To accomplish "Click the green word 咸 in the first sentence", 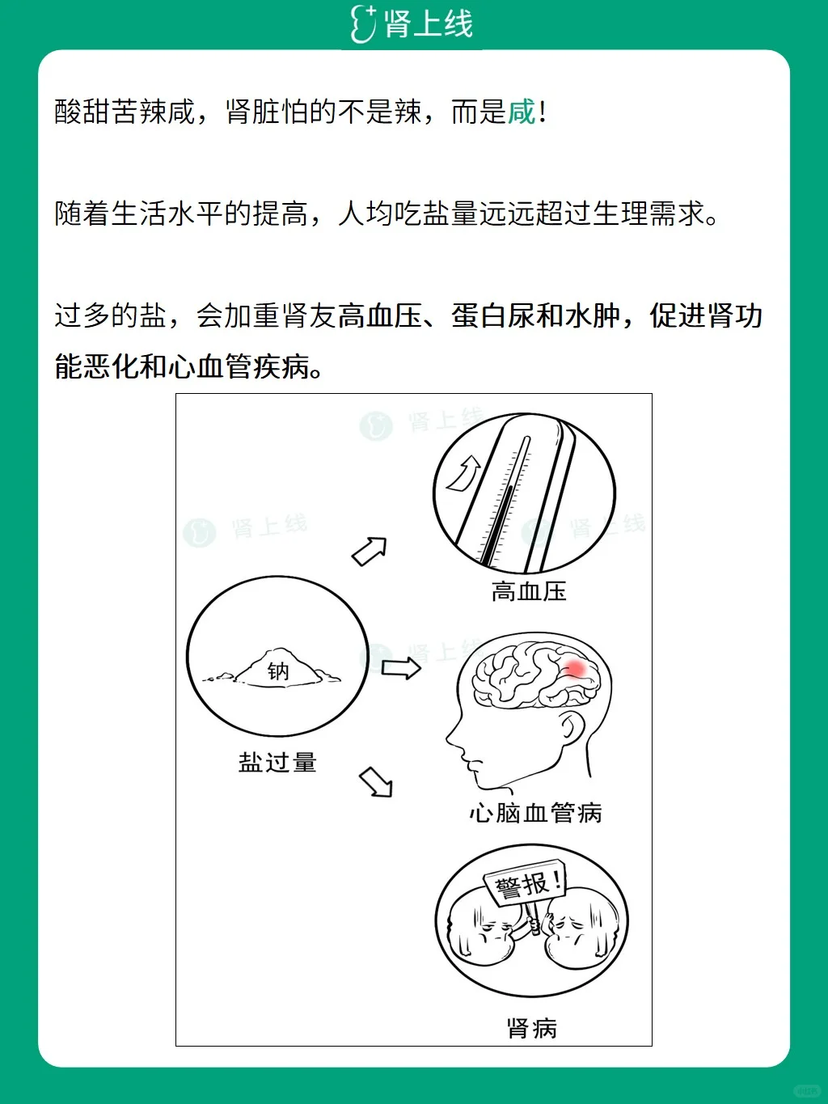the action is pos(522,112).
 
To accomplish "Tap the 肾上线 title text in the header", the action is pos(429,23).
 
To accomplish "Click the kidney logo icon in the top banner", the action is pos(363,23).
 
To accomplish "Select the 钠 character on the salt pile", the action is pos(278,671).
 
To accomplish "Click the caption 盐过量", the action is pos(277,762).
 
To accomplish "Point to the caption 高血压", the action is pos(529,591).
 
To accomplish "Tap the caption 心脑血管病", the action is pos(535,813).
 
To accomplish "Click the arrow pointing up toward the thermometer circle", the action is pos(370,552).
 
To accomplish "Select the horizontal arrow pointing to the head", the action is pos(401,668).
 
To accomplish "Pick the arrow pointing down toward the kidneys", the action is pos(376,781).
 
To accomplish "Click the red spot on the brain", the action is pos(575,668).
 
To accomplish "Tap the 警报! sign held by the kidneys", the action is pos(525,883).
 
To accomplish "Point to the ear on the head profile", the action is pos(572,728).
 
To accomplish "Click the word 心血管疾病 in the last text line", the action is pos(239,366).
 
